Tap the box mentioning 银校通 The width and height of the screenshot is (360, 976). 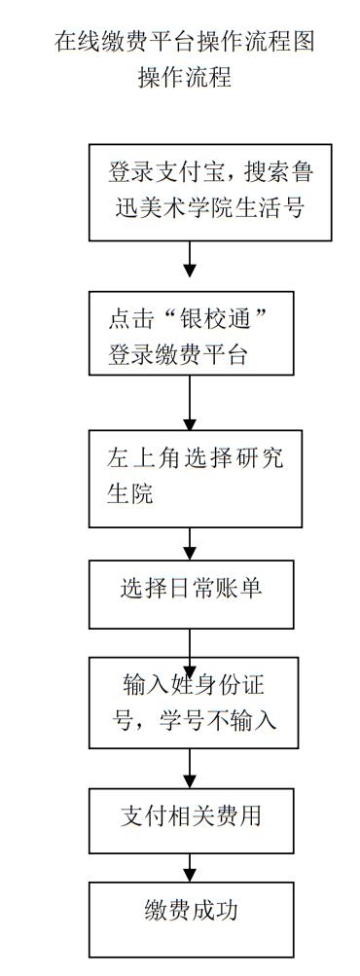[x=191, y=332]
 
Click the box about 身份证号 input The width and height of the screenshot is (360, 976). [x=191, y=703]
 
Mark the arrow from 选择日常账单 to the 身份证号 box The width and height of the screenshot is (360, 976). [x=191, y=642]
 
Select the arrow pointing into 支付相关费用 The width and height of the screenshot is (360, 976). [x=191, y=769]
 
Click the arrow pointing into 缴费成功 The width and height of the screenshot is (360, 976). [x=191, y=869]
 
